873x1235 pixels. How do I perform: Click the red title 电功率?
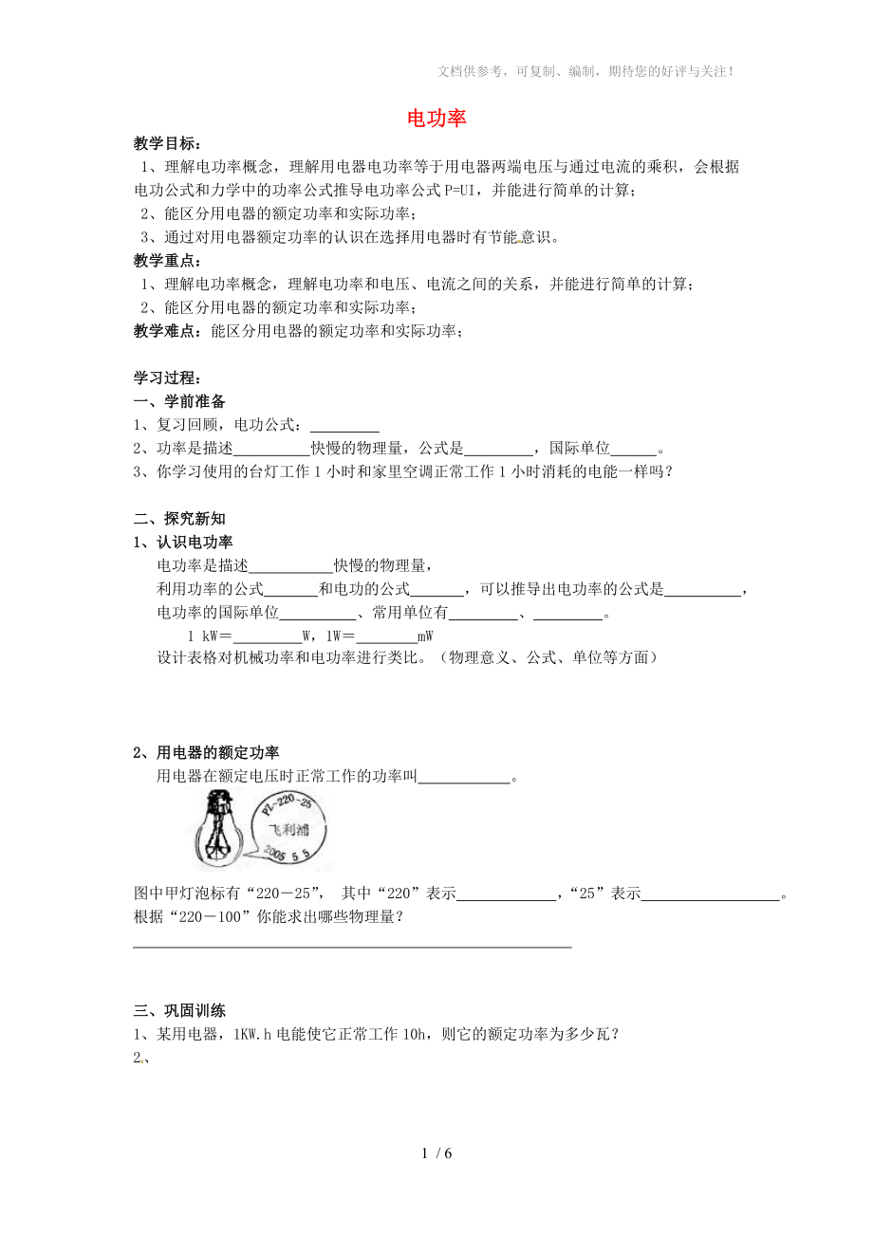(436, 119)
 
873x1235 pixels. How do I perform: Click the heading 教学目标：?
(167, 143)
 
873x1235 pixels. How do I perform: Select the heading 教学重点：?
(167, 261)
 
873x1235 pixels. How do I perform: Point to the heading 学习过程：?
(167, 378)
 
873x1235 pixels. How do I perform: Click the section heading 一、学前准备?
(179, 401)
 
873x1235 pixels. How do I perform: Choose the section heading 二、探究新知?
(179, 519)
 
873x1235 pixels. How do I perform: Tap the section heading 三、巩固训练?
(179, 1011)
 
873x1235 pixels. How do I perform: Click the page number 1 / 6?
(436, 1154)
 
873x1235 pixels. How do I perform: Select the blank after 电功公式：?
(344, 426)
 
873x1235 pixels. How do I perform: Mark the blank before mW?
(386, 636)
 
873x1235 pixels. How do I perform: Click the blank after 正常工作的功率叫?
(464, 778)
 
